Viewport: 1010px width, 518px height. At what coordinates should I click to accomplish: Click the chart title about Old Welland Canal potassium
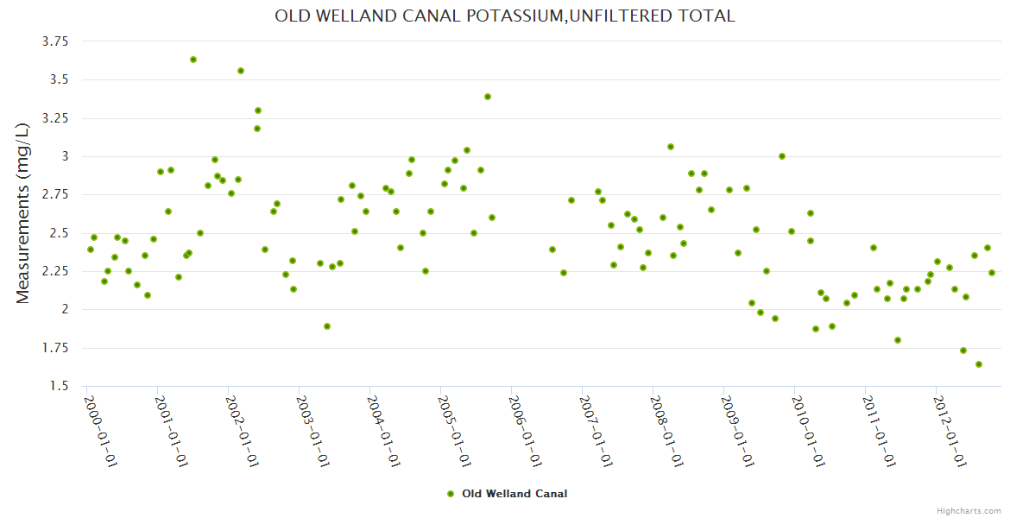click(x=505, y=16)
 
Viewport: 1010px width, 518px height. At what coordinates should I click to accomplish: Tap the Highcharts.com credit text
click(x=969, y=510)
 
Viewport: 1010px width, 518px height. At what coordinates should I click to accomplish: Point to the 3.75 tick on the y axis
click(x=55, y=41)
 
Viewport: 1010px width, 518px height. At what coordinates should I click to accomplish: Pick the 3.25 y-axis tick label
click(x=55, y=117)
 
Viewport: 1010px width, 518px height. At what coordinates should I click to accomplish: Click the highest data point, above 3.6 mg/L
click(x=193, y=60)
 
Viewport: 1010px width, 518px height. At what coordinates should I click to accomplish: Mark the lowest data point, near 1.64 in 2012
click(x=979, y=364)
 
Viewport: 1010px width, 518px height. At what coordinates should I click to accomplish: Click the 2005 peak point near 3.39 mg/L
click(x=488, y=97)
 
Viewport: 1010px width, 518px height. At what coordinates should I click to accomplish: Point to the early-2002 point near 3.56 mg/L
click(x=241, y=71)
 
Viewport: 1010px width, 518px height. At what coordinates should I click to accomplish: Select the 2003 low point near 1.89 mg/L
click(x=327, y=326)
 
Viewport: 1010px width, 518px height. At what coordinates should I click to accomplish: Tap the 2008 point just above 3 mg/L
click(x=671, y=147)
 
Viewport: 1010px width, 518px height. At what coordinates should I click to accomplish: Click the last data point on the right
click(x=992, y=273)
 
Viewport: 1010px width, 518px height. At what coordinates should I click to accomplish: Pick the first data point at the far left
click(x=91, y=250)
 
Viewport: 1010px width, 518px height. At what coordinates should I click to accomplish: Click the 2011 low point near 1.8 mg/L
click(x=898, y=340)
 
